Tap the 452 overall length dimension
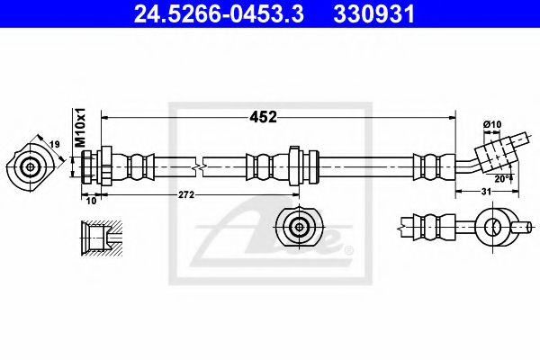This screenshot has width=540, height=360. (262, 117)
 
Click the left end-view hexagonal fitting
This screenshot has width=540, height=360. (31, 166)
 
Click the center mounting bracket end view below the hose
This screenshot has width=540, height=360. (298, 226)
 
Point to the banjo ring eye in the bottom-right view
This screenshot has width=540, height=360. (493, 226)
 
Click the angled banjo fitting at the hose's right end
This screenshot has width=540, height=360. (495, 152)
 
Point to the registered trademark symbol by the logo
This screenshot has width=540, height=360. (349, 248)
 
